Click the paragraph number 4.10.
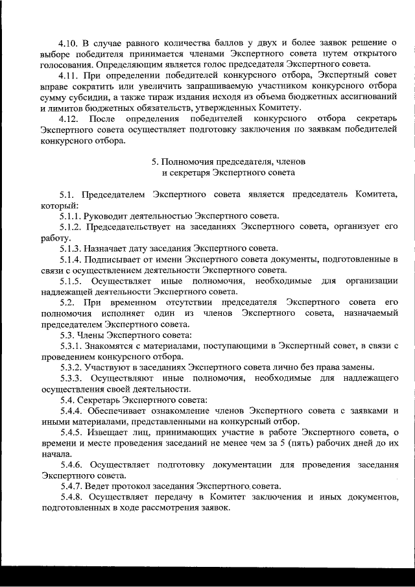tap(69, 43)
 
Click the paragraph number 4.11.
tap(69, 75)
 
